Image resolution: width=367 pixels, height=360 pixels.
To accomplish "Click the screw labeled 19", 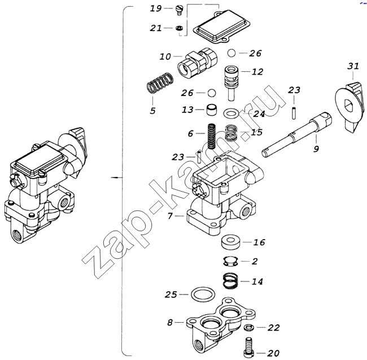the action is coord(179,11).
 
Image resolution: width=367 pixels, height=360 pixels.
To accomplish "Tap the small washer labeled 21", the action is coord(179,28).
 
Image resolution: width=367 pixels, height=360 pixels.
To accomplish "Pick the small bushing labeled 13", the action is coord(212,110).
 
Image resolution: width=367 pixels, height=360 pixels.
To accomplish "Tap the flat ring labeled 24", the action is coord(231,114).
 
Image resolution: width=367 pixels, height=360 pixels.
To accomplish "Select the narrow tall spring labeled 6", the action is coord(212,136).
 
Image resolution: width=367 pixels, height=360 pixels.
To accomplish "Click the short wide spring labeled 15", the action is coord(231,133).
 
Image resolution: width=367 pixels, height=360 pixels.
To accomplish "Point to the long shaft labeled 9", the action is coord(296,135).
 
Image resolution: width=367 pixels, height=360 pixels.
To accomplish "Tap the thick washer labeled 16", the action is coord(231,242).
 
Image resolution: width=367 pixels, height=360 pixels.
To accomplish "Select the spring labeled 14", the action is coord(230,281).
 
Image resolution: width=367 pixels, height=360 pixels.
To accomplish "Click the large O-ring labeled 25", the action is coord(203,294).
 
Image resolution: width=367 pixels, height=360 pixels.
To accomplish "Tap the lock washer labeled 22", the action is coord(249,327).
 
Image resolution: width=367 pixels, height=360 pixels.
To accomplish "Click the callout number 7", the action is coord(170,216).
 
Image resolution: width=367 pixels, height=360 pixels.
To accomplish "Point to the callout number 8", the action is coord(170,323).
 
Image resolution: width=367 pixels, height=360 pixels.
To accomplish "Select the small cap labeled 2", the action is coord(230,262).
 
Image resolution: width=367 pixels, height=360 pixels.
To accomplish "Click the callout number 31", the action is coord(353,66).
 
